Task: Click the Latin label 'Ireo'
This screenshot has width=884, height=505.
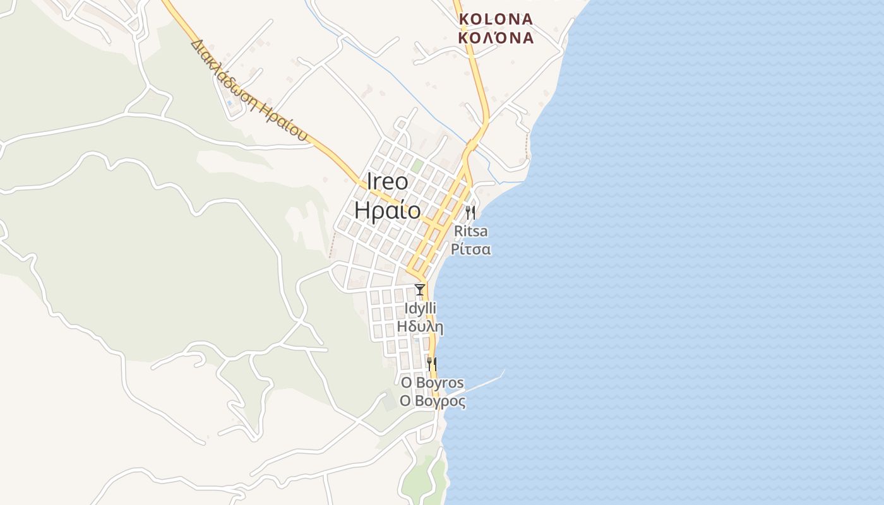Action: pos(387,182)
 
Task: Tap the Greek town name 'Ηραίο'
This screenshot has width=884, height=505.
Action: pos(387,210)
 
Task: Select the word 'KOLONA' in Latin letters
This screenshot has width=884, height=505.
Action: pos(496,19)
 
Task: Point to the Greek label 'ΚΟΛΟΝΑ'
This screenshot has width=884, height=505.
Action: pos(496,38)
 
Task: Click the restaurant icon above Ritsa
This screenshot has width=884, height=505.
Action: pos(470,212)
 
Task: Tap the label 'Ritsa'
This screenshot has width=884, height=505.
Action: pos(470,231)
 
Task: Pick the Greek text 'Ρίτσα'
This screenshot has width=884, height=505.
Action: pos(470,249)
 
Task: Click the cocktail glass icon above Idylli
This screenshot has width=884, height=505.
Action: pos(419,290)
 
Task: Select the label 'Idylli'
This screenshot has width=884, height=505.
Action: pos(420,309)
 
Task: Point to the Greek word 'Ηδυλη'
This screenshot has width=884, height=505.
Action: pos(420,327)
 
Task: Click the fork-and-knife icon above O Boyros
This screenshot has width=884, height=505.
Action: pos(431,364)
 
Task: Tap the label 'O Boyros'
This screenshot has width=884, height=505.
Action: pos(433,383)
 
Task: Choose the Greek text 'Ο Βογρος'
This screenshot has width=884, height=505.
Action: pos(433,401)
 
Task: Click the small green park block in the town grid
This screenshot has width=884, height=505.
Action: pos(417,166)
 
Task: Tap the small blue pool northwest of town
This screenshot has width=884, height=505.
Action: pos(229,102)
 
